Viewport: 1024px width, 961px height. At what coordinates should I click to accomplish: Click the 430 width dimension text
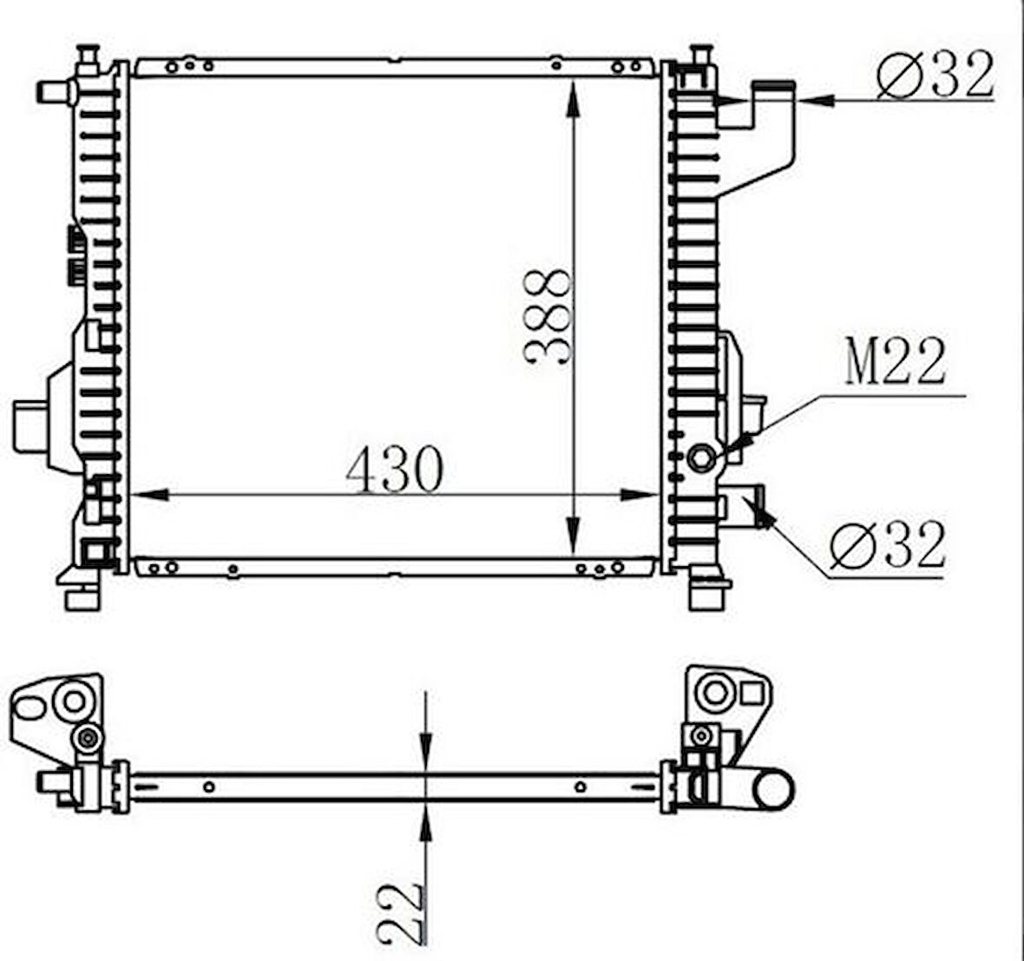point(395,470)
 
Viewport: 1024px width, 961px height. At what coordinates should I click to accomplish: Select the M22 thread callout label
point(896,361)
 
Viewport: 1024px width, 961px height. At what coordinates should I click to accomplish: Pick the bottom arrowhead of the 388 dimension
point(573,536)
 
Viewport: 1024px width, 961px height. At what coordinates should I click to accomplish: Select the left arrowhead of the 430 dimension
point(149,495)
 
